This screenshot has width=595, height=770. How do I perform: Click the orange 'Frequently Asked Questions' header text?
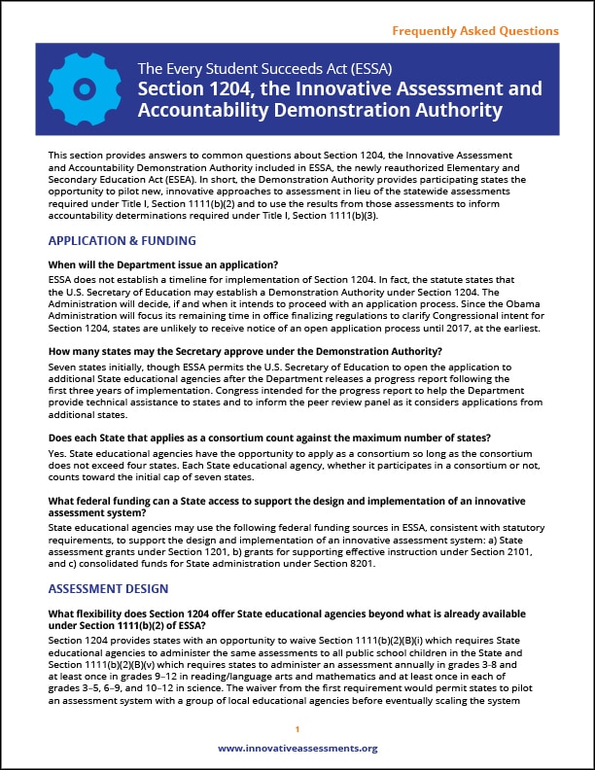coord(475,31)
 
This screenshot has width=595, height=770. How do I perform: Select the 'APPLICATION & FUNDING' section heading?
coord(122,240)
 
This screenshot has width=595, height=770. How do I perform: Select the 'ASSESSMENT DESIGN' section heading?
coord(107,588)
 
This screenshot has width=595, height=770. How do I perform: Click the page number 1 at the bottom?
coord(297,729)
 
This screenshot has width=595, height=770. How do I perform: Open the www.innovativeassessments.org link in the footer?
coord(297,749)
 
